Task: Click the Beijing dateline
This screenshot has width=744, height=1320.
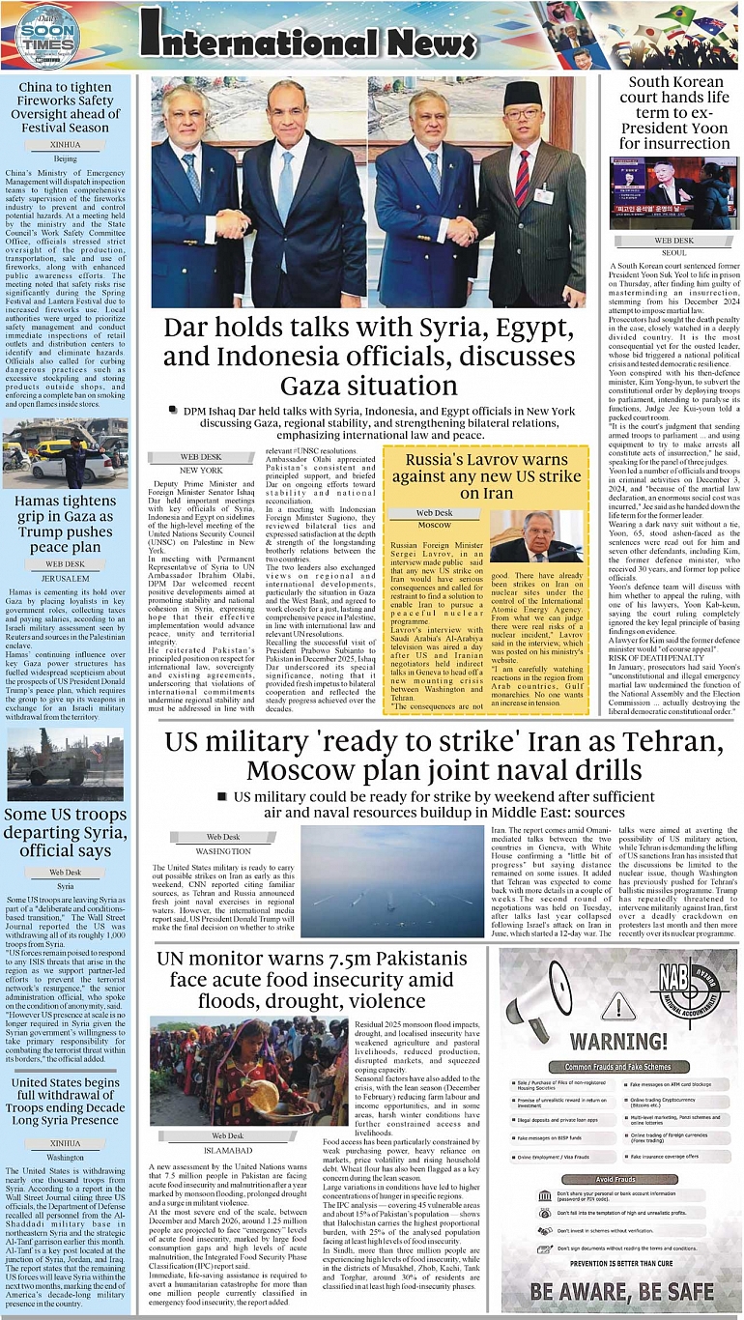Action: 65,158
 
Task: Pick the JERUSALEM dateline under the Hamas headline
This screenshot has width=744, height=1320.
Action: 66,578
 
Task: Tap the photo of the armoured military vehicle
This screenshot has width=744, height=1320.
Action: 66,763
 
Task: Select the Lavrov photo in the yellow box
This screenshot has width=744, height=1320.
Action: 535,535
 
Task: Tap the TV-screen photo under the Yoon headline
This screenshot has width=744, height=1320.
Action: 673,192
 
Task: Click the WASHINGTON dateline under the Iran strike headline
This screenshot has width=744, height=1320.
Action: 223,851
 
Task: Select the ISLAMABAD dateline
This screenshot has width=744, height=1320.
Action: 228,1150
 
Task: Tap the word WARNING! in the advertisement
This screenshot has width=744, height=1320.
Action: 617,1042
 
